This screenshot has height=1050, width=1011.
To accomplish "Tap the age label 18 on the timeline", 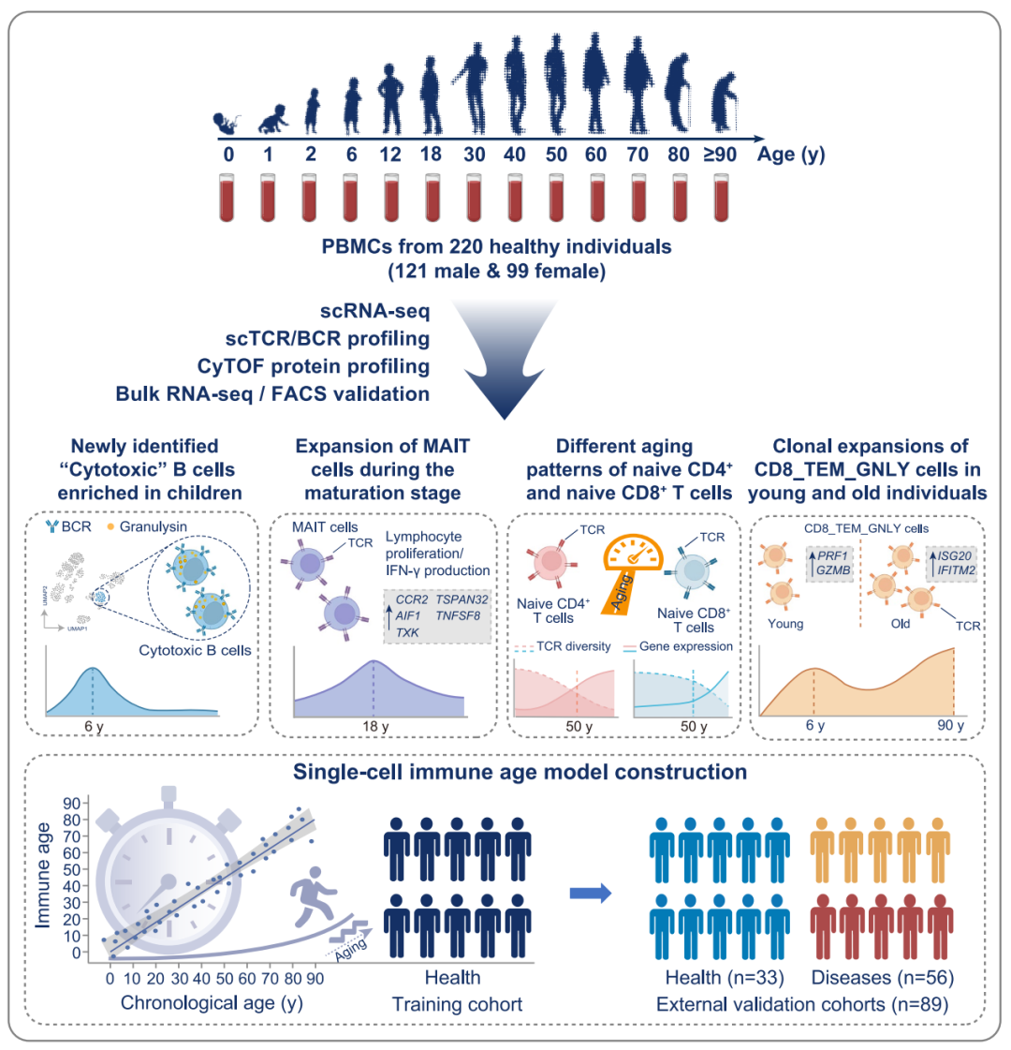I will pos(431,155).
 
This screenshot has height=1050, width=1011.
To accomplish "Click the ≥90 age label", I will pos(720,155).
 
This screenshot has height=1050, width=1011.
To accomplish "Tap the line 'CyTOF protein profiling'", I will pos(314,366).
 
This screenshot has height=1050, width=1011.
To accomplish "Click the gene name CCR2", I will pos(412,599).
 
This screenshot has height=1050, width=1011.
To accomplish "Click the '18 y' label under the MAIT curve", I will pos(374,726).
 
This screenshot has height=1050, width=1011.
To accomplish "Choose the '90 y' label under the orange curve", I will pos(951,726).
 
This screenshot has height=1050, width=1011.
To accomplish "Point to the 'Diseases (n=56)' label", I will pos(883,978).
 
